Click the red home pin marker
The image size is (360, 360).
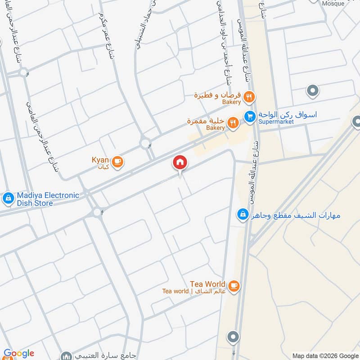(180, 163)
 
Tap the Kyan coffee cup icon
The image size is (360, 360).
(117, 162)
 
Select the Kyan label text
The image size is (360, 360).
(100, 160)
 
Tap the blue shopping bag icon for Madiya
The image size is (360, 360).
(8, 198)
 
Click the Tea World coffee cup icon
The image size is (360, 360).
(234, 286)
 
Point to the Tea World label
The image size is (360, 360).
(207, 284)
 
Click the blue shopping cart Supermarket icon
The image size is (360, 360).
(249, 117)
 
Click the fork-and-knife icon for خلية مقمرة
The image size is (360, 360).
(233, 123)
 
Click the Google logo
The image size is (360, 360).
(19, 354)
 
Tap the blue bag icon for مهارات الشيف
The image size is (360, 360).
(243, 215)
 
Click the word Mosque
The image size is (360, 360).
(333, 4)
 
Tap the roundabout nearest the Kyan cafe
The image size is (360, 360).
(145, 144)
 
